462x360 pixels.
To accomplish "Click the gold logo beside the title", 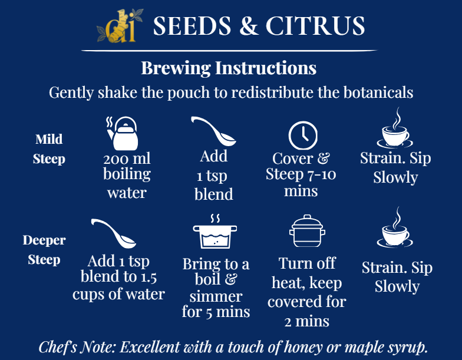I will point(120,25).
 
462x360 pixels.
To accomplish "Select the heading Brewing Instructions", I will point(229,68).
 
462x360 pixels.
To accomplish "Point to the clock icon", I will point(303,135).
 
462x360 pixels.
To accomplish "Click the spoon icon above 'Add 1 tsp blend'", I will point(213,131).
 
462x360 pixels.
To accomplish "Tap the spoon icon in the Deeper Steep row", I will point(114,233).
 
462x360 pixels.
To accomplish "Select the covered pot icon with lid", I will point(307,233).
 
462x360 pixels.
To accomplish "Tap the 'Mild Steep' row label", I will point(49,149).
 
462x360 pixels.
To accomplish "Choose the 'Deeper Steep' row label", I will point(44,250).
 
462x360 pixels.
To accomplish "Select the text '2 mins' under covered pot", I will point(307,321).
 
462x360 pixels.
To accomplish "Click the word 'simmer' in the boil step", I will point(216,296).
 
